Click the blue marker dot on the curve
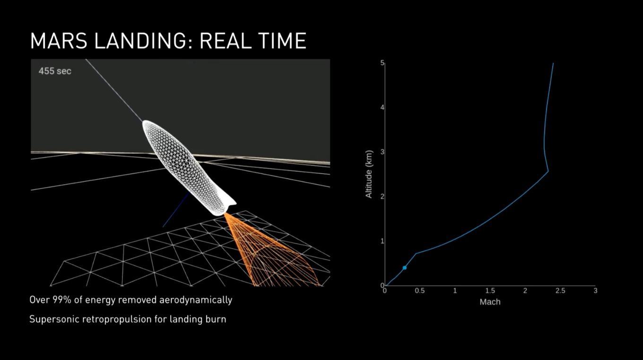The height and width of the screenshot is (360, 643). tap(404, 268)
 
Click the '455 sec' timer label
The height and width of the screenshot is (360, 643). tap(55, 71)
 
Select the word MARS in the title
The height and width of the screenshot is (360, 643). tap(59, 41)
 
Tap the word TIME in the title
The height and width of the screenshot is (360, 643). tap(282, 41)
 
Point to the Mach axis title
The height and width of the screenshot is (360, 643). tap(490, 302)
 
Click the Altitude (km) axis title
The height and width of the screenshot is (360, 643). tap(369, 174)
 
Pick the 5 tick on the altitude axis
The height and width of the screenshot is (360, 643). tap(382, 63)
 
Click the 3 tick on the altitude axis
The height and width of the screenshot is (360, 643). tap(382, 152)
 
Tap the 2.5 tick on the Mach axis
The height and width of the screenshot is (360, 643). tap(560, 291)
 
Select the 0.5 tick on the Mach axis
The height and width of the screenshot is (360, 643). tap(420, 291)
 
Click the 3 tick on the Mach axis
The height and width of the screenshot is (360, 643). tap(595, 291)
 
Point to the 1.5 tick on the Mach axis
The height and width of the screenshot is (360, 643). tap(490, 291)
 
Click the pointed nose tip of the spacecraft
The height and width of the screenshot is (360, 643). tap(144, 122)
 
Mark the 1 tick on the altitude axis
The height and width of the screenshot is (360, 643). tap(382, 241)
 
